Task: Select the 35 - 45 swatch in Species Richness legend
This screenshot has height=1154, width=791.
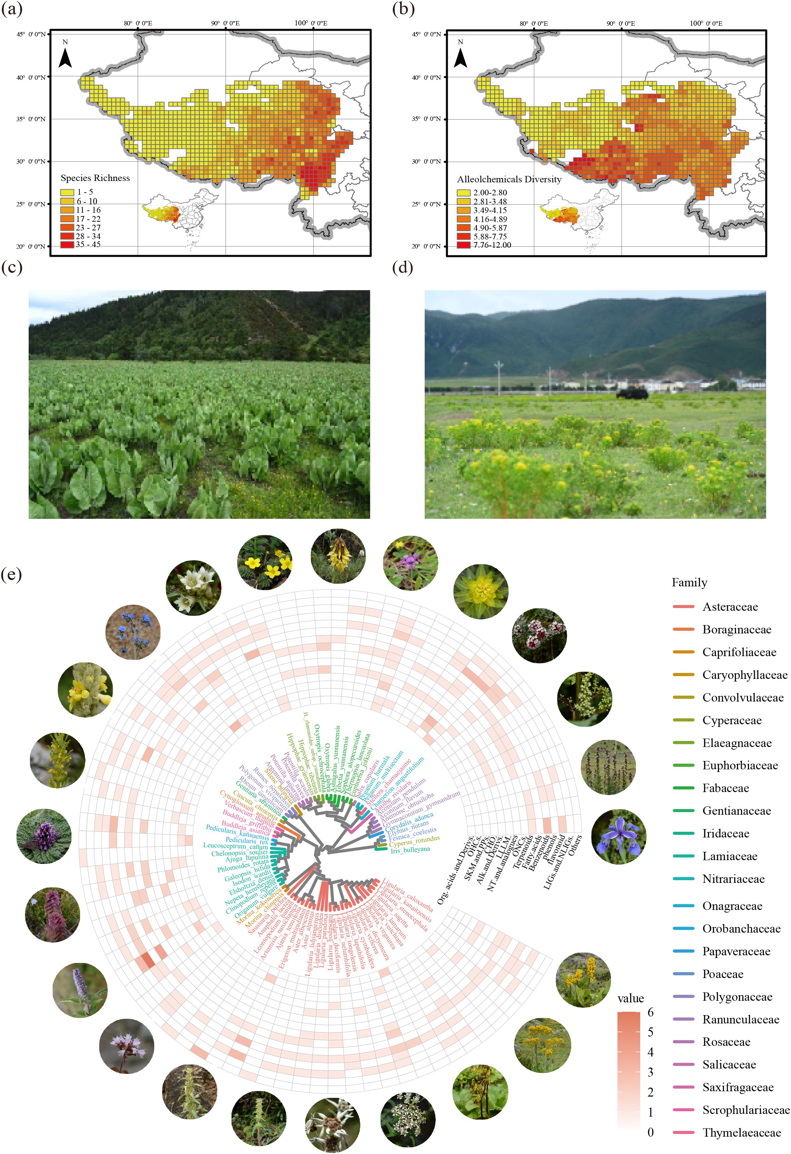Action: click(x=67, y=245)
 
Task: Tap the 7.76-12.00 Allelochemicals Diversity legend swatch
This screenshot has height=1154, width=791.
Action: click(x=463, y=245)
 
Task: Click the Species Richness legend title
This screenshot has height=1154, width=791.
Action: click(x=95, y=178)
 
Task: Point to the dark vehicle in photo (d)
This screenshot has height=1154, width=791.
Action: click(x=632, y=393)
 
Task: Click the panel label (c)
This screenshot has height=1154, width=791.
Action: click(x=12, y=268)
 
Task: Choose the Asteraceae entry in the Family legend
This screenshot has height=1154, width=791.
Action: click(x=730, y=607)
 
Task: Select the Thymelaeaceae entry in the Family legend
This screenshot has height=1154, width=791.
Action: click(x=741, y=1133)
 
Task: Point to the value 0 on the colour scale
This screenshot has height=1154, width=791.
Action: click(x=651, y=1132)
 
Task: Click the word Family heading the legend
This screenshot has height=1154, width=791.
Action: click(x=689, y=582)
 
